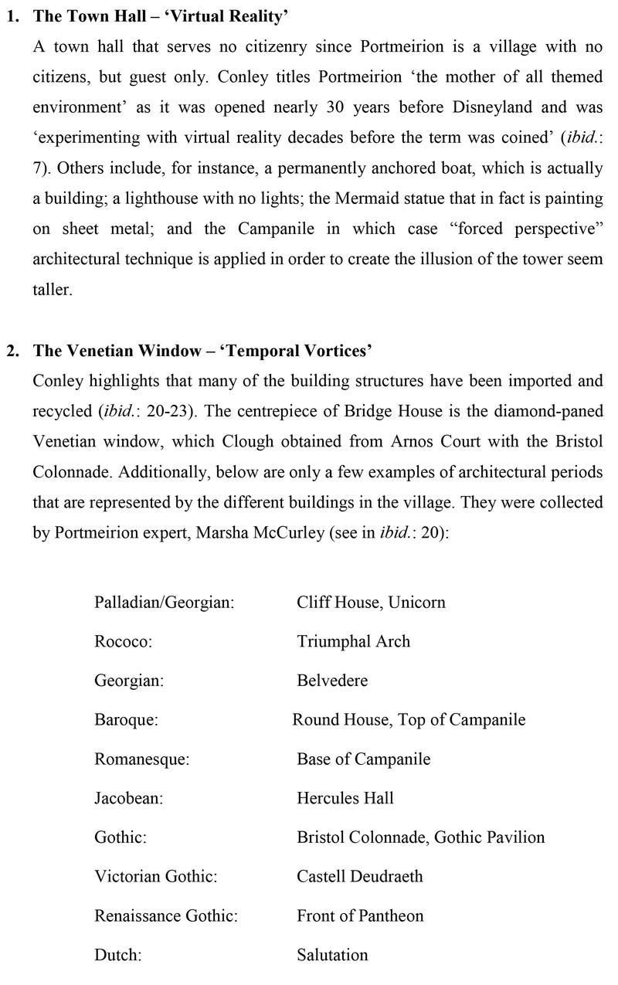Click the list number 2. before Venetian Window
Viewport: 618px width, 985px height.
(15, 352)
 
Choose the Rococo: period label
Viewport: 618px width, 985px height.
(124, 641)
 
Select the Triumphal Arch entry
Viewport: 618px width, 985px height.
(353, 641)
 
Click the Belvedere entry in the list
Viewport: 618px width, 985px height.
(332, 681)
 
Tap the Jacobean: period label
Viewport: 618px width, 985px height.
(128, 798)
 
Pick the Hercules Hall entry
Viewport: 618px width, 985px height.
(345, 798)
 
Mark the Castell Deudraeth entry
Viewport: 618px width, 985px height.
(360, 877)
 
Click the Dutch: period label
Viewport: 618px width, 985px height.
(117, 956)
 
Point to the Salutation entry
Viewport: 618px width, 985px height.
(332, 956)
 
